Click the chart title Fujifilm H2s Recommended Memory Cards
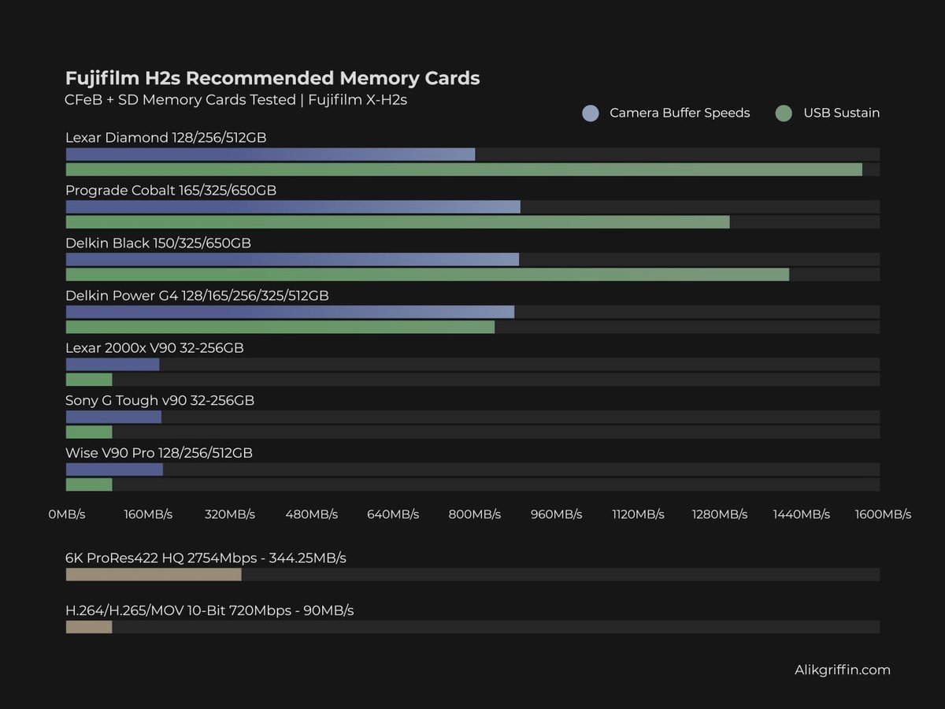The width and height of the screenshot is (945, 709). [272, 78]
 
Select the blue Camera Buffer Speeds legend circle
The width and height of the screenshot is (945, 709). [591, 113]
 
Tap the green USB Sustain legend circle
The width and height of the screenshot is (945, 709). [783, 113]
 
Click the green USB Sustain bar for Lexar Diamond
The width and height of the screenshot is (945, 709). [463, 169]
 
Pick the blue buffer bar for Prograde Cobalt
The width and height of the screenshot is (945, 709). [292, 206]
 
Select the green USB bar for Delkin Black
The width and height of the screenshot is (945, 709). [427, 274]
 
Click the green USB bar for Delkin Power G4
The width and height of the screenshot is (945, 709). [280, 327]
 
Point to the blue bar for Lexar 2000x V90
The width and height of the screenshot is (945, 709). [112, 364]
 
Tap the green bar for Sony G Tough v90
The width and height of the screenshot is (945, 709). [88, 432]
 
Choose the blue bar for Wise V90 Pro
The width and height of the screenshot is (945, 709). [114, 469]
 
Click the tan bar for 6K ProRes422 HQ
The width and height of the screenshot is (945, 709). [153, 574]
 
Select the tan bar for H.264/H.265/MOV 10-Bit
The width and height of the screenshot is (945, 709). [88, 627]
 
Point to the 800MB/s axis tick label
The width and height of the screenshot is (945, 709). [475, 514]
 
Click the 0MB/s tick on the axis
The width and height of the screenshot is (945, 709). [67, 514]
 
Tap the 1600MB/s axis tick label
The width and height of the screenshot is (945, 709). [883, 514]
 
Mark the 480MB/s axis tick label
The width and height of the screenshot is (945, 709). [312, 514]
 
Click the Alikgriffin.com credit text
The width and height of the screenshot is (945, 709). [842, 670]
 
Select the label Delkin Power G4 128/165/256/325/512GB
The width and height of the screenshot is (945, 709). [197, 295]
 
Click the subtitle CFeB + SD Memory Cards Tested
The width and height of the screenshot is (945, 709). [180, 100]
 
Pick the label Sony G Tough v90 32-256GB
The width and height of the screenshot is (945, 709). [160, 400]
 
